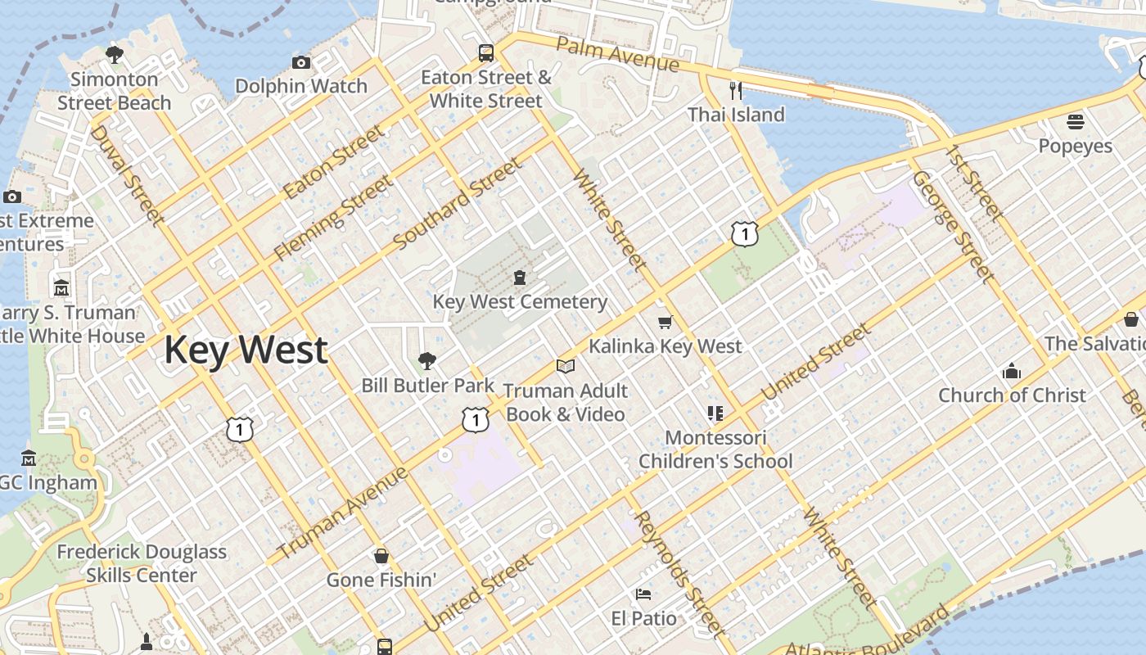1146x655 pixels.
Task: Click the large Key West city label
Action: coord(246,350)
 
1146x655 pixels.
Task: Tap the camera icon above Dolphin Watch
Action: coord(301,62)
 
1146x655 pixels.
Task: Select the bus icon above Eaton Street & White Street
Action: coord(486,53)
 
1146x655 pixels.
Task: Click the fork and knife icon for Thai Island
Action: coord(736,90)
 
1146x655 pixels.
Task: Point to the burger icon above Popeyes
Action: coord(1076,122)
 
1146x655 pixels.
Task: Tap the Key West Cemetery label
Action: coord(520,301)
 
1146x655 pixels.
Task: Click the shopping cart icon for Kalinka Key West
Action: coord(665,323)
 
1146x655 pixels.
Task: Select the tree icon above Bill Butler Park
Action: coord(426,361)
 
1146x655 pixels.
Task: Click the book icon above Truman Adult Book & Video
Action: coord(565,366)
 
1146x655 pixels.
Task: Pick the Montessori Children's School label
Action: coord(715,449)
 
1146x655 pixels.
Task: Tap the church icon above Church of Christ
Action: coord(1012,371)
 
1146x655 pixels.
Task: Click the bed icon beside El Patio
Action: coord(643,594)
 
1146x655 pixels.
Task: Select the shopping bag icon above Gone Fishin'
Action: coord(381,556)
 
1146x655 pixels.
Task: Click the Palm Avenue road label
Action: coord(617,52)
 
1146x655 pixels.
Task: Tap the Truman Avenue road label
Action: coord(342,513)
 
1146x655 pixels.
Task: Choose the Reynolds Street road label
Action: coord(679,572)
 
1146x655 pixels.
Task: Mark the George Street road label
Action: coord(953,226)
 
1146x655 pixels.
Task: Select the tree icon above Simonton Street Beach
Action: coord(115,55)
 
